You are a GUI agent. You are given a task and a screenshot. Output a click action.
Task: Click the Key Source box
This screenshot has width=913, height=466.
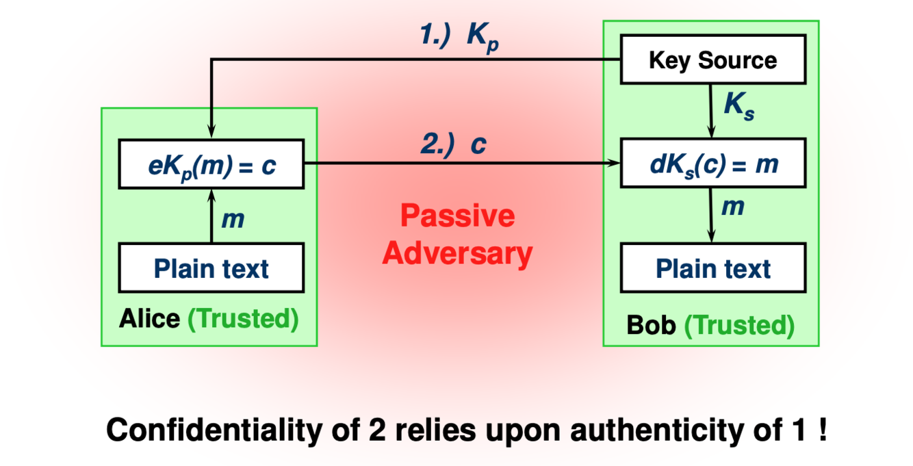pos(712,60)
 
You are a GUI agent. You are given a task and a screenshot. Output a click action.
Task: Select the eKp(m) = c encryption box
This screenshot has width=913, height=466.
pos(211,165)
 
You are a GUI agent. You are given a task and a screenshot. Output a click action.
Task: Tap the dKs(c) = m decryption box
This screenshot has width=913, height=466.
pos(712,165)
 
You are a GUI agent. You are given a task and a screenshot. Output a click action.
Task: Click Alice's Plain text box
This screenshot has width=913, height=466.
pos(211,268)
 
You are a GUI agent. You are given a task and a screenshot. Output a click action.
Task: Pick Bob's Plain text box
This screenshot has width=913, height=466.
pos(712,268)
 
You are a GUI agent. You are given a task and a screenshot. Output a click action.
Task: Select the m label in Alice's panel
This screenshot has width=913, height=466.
pos(233,220)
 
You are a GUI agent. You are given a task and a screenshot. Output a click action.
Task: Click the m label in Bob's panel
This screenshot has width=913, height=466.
pos(733,205)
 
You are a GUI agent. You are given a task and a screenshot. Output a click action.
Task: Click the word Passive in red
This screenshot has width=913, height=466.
pos(457,217)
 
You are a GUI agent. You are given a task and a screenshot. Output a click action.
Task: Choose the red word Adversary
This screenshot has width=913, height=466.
pos(457,254)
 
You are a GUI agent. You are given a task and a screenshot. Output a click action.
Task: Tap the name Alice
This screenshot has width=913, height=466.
pos(149,319)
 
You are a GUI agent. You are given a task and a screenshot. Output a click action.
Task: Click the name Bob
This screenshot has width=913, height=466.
pos(651,325)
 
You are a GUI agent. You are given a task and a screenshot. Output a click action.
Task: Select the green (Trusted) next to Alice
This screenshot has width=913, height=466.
pos(244,319)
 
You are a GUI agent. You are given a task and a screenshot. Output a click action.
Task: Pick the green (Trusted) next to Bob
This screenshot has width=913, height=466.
pos(740,325)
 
